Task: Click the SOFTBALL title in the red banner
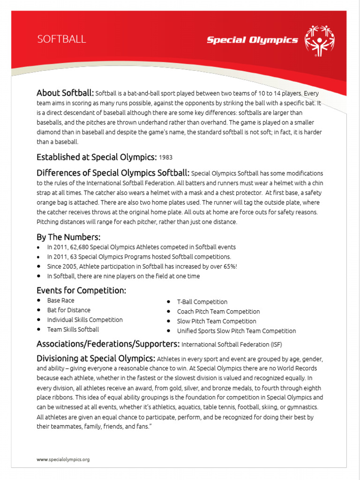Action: [x=61, y=39]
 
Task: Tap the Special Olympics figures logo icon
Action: [x=320, y=40]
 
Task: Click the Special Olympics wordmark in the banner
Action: [x=252, y=40]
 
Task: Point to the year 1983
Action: [x=166, y=157]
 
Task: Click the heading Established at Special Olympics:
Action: [x=97, y=157]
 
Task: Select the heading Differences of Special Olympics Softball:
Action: [x=113, y=173]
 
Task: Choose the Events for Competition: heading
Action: [x=81, y=290]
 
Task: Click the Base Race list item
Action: [x=60, y=300]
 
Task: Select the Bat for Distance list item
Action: [x=68, y=310]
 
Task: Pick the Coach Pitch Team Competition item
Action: [x=218, y=312]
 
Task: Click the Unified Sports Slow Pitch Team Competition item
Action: [x=236, y=331]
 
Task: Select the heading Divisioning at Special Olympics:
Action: [x=96, y=359]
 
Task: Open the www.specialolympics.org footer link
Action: [x=63, y=460]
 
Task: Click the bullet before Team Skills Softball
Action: [x=39, y=330]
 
